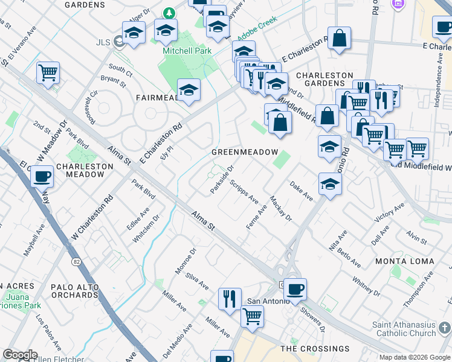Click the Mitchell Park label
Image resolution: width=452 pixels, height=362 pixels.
[187, 51]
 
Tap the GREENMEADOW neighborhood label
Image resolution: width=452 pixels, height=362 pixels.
[244, 152]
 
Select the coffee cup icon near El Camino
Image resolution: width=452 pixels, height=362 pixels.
[42, 177]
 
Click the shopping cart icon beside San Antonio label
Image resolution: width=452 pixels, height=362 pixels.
[251, 316]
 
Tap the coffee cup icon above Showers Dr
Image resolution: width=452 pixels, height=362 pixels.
[295, 289]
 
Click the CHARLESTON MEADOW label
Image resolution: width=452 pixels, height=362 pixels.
[85, 170]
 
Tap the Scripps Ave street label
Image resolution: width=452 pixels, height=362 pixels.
[245, 191]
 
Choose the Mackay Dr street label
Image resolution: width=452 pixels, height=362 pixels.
[281, 208]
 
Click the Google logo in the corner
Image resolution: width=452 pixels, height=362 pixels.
[20, 355]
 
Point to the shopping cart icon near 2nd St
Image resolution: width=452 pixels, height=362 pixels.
[47, 72]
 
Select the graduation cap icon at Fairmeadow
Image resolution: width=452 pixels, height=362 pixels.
[189, 91]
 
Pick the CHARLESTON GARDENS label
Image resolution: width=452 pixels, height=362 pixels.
[324, 80]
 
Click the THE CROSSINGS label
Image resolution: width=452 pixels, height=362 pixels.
[315, 349]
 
